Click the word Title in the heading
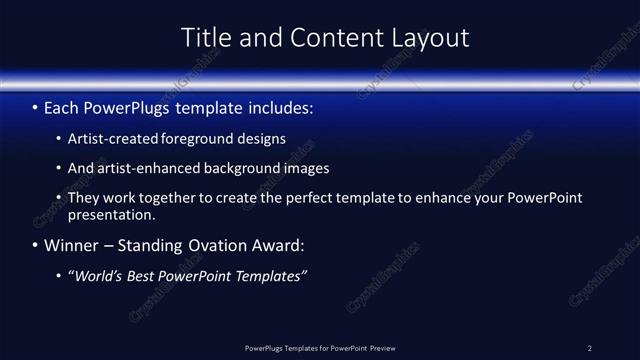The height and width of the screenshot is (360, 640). click(x=203, y=38)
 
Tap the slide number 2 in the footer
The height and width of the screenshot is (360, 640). click(x=590, y=347)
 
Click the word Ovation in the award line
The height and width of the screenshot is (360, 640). click(x=217, y=245)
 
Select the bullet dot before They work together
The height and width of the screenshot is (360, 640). click(x=57, y=198)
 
